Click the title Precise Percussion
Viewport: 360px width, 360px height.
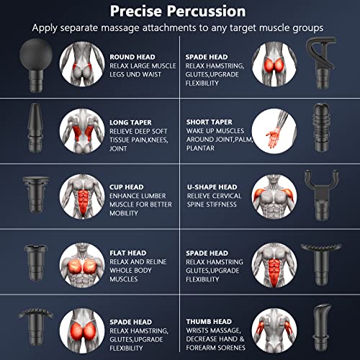[x=178, y=12]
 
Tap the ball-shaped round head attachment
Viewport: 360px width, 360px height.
[x=36, y=65]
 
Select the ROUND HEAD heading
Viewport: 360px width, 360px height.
[x=132, y=57]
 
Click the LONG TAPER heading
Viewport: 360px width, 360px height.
[x=130, y=122]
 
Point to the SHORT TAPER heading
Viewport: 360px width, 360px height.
[x=210, y=122]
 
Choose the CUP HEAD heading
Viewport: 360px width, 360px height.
[x=127, y=187]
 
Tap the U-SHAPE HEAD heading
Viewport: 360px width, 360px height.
[x=212, y=187]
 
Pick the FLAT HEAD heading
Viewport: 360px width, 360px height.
[x=128, y=253]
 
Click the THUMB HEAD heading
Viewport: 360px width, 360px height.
[x=209, y=322]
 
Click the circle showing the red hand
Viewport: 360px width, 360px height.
[x=274, y=131]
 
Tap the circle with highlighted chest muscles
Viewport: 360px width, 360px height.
[x=82, y=265]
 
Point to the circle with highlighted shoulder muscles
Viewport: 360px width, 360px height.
[x=274, y=197]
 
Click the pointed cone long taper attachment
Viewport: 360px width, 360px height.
[x=35, y=128]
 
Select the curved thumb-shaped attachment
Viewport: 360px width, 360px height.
[x=322, y=327]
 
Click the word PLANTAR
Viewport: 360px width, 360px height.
[x=200, y=148]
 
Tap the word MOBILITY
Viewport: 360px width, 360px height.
[x=124, y=213]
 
